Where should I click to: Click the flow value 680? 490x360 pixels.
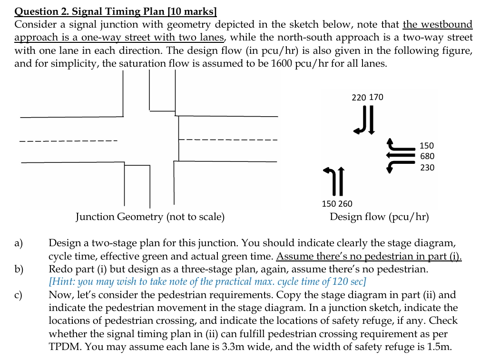pos(427,156)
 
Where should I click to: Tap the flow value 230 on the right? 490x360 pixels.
pos(427,168)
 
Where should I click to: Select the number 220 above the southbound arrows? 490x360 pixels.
pos(359,98)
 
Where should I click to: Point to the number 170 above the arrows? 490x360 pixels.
pos(376,98)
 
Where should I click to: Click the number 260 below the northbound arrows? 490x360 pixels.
pos(345,204)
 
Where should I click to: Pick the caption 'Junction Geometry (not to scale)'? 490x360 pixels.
pos(150,217)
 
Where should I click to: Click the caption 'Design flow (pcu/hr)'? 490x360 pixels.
pos(379,217)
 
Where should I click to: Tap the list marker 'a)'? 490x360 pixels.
pos(19,244)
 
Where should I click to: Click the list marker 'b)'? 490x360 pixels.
pos(19,270)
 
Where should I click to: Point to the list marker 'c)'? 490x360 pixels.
pos(19,295)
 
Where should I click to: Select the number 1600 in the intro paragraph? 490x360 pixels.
pos(281,63)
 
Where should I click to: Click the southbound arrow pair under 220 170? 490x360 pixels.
pos(366,120)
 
